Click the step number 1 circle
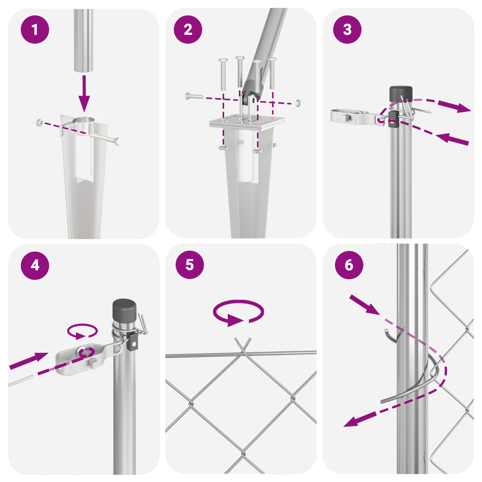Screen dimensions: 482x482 click(x=35, y=30)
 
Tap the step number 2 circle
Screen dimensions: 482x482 click(x=188, y=30)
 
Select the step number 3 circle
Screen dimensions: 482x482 click(x=347, y=30)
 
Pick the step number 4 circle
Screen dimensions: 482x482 click(x=35, y=265)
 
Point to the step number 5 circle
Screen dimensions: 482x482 click(x=190, y=265)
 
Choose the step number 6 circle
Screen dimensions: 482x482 click(x=349, y=265)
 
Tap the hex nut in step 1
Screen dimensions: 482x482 click(x=39, y=122)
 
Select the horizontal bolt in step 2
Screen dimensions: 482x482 click(x=194, y=96)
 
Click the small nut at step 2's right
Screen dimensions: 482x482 click(x=298, y=103)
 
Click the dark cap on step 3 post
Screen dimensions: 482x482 click(x=401, y=94)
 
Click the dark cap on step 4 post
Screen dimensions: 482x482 click(x=124, y=310)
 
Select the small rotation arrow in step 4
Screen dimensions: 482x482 click(x=82, y=331)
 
